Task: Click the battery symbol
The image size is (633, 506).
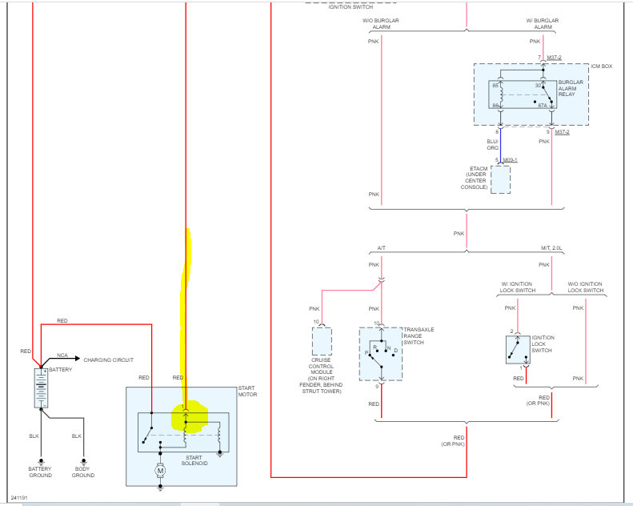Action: click(x=41, y=388)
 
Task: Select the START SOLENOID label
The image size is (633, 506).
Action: click(x=194, y=460)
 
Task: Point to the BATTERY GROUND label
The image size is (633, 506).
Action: click(x=40, y=472)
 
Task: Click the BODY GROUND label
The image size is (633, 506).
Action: click(x=82, y=472)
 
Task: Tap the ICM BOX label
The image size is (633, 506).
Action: click(x=602, y=66)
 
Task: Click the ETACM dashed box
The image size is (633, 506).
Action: click(x=500, y=179)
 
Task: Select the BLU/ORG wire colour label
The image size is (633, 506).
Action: click(x=492, y=144)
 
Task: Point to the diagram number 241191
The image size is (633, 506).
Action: click(x=18, y=497)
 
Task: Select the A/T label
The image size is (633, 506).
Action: click(x=382, y=247)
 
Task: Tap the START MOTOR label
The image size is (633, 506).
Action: click(x=246, y=392)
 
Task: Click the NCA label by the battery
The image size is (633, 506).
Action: click(x=62, y=355)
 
